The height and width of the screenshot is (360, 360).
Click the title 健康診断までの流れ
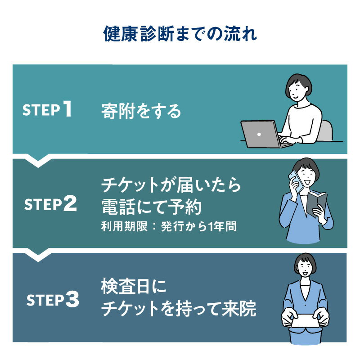click(180, 34)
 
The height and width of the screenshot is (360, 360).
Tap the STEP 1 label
click(47, 109)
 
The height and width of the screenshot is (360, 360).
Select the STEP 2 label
click(50, 204)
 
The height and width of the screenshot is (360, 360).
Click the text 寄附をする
click(141, 111)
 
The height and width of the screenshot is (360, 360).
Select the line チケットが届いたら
click(171, 185)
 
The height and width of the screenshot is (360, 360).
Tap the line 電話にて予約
click(151, 207)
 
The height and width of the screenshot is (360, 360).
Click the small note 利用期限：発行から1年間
click(169, 226)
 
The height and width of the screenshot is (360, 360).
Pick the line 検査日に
click(134, 286)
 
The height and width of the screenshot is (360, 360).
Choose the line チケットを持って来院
click(179, 308)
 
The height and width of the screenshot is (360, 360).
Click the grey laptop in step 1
click(264, 134)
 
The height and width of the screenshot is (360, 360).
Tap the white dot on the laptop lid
click(259, 134)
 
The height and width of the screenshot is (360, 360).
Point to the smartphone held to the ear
click(296, 181)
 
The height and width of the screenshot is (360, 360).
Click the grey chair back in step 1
click(326, 130)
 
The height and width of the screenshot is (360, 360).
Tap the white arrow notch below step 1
click(38, 160)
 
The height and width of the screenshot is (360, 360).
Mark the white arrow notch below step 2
click(38, 254)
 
